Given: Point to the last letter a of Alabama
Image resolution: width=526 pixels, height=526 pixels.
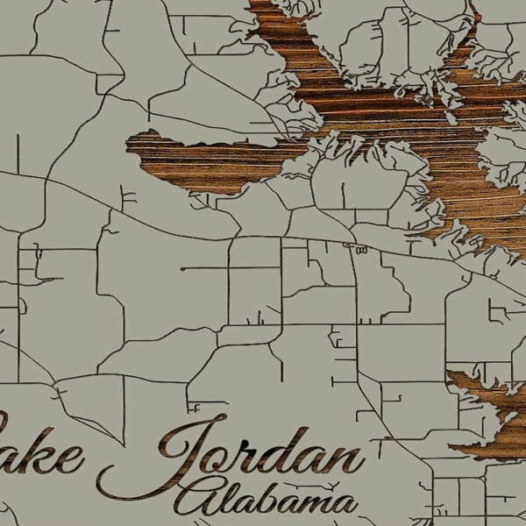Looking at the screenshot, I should (x=343, y=504).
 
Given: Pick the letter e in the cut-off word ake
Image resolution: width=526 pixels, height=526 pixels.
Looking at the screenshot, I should (x=70, y=458).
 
